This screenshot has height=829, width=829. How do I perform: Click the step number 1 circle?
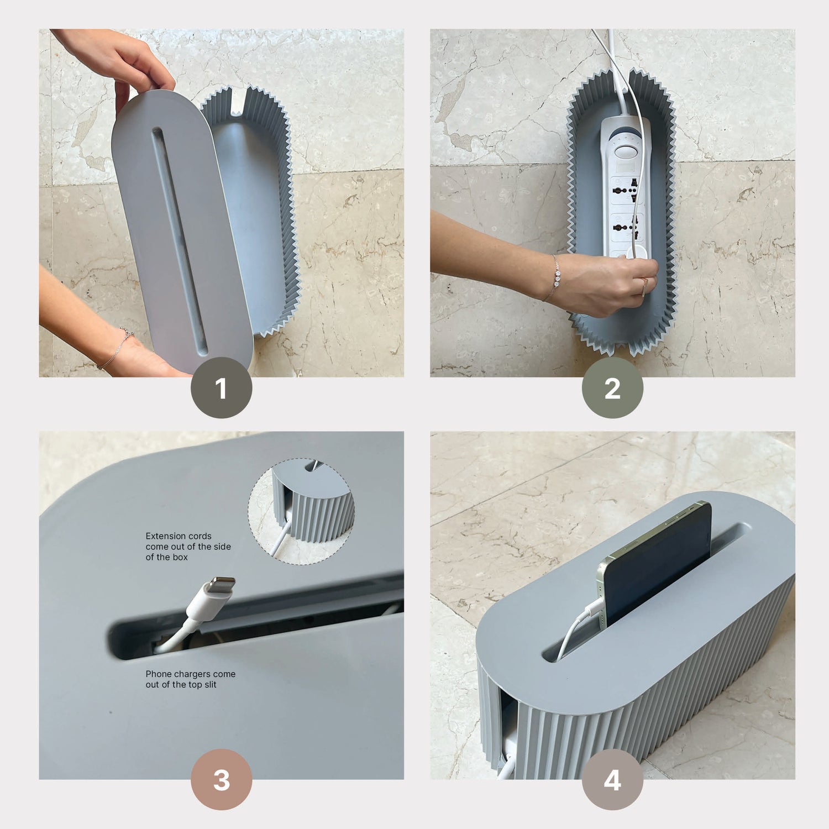click(222, 388)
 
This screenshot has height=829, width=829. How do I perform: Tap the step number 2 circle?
click(612, 388)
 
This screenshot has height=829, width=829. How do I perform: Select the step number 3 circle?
click(222, 780)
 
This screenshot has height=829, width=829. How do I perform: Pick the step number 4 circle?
click(612, 780)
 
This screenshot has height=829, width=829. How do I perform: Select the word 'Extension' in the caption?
click(164, 536)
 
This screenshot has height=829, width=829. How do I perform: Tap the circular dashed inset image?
click(301, 511)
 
